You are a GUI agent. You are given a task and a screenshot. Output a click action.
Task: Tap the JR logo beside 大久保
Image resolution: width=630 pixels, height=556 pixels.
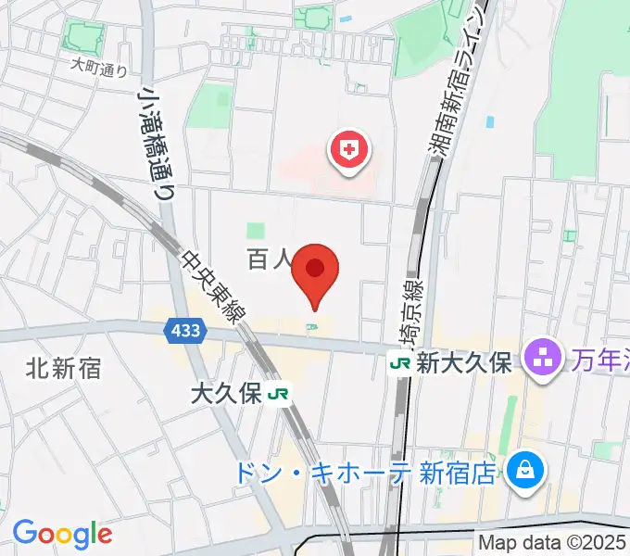277,394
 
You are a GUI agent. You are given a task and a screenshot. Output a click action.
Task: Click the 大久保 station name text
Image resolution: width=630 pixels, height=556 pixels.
226,394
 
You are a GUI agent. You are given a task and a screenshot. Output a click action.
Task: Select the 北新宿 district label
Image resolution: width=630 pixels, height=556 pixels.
64,369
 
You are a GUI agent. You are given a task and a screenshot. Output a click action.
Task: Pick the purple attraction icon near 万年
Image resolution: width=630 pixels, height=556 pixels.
540,358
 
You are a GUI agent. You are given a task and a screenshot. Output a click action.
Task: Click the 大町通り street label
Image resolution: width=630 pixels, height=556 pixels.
99,67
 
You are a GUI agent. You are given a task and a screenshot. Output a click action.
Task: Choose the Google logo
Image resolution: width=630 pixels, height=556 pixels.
62,534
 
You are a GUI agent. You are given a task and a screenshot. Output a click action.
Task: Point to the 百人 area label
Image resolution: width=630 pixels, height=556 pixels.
269,259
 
